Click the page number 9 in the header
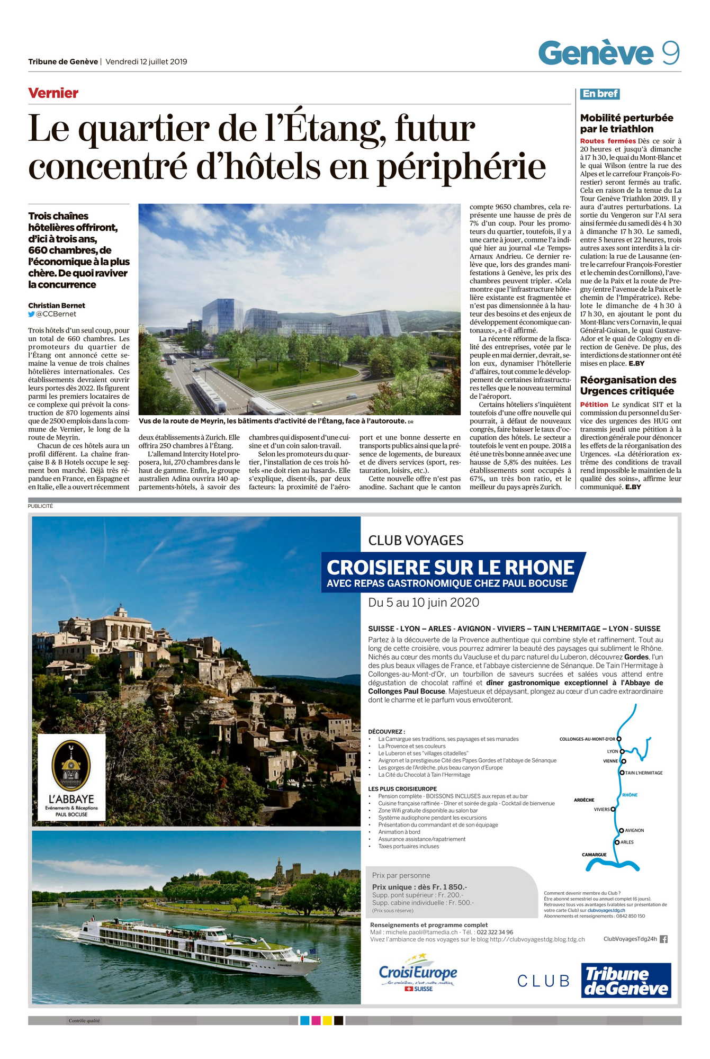pos(670,53)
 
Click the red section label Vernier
pos(53,93)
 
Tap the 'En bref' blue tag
pos(599,94)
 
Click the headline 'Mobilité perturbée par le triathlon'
pos(626,123)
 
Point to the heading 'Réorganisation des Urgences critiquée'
pos(627,385)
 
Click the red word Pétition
pos(594,405)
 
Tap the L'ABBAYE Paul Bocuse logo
pos(71,777)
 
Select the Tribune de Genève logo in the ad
pos(626,981)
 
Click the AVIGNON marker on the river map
pos(622,830)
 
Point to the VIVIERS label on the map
pos(601,809)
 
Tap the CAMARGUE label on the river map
pos(594,855)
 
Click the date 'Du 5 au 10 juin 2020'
pos(423,603)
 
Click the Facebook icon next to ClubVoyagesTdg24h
pos(663,939)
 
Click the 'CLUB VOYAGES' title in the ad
pos(416,541)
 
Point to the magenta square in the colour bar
pos(316,1020)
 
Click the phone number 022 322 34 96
pos(495,932)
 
